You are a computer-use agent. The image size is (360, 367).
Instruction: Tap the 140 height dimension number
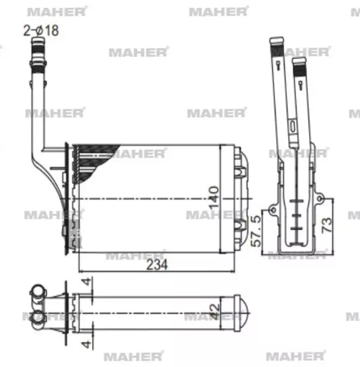tap(214, 197)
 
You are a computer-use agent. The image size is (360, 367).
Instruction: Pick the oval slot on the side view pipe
tap(292, 127)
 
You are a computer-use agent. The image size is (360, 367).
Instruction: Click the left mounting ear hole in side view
tap(272, 210)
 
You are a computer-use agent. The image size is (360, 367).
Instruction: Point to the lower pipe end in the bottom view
tap(37, 323)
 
